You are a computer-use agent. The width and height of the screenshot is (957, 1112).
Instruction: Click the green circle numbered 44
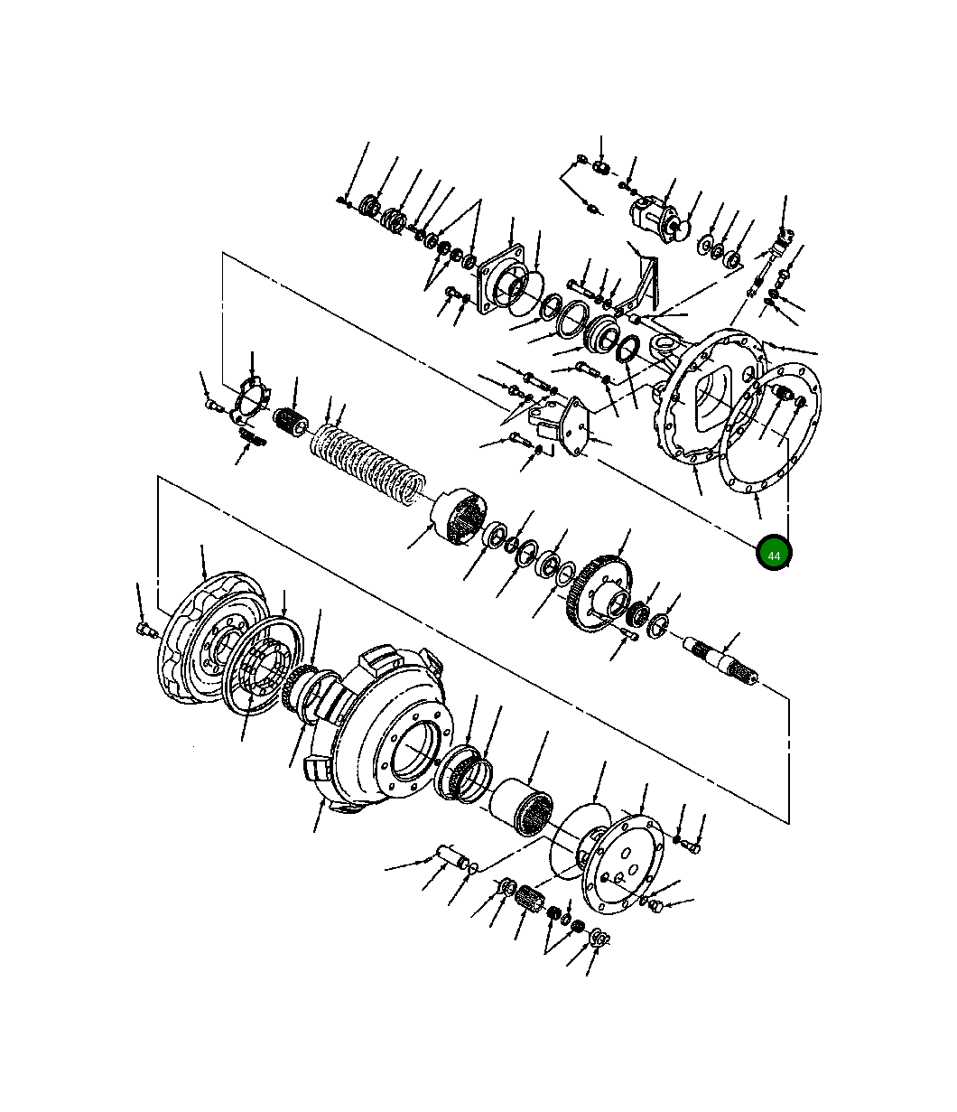coord(773,552)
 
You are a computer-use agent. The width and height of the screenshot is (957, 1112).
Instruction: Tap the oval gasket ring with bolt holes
coord(770,427)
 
